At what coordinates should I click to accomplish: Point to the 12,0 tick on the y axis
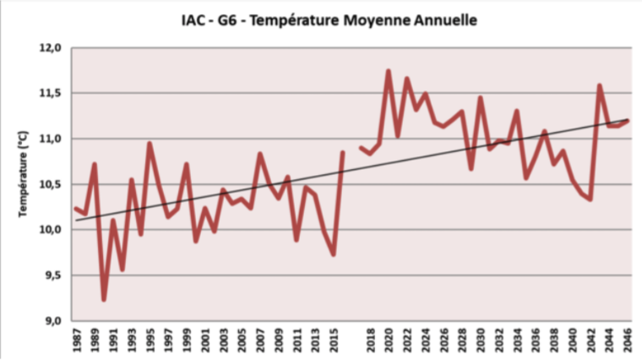coord(53,48)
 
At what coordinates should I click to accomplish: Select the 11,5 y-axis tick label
coord(53,93)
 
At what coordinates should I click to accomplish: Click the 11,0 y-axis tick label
coord(53,139)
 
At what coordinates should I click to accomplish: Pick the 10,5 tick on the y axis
coord(53,184)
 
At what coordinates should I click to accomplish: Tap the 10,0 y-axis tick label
coord(53,230)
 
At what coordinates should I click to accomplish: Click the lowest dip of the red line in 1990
coord(104,299)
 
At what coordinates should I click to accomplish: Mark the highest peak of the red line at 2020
coord(389,71)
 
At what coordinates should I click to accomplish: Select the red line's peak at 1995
coord(150,144)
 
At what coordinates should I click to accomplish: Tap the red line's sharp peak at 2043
coord(600,85)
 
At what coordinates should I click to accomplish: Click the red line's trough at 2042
coord(590,199)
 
